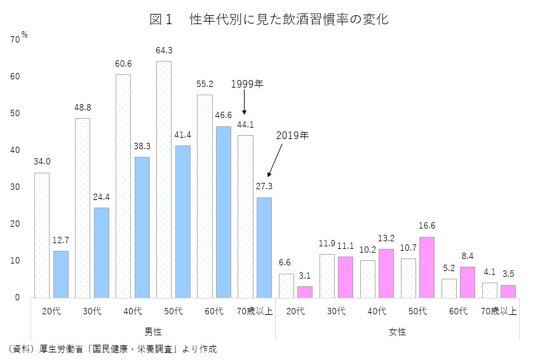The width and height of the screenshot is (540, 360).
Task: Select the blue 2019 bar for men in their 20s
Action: pyautogui.click(x=60, y=274)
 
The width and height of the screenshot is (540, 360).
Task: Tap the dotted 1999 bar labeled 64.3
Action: pyautogui.click(x=164, y=179)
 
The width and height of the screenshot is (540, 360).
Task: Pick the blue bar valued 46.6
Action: pyautogui.click(x=224, y=212)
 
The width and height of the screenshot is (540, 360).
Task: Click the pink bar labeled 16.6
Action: pyautogui.click(x=426, y=267)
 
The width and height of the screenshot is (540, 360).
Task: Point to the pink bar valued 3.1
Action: pyautogui.click(x=305, y=291)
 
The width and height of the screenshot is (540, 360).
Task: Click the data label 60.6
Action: pyautogui.click(x=123, y=63)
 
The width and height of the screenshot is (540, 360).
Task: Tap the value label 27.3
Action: pyautogui.click(x=264, y=187)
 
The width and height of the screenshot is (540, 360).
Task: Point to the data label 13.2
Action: pyautogui.click(x=386, y=238)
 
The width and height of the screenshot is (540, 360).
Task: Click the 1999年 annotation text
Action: pyautogui.click(x=246, y=84)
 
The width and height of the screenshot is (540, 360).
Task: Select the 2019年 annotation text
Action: pyautogui.click(x=292, y=135)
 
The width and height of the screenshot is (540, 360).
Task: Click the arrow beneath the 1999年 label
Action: pyautogui.click(x=245, y=105)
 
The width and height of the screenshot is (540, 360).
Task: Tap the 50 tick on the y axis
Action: pyautogui.click(x=15, y=114)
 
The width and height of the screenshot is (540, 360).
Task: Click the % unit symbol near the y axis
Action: pyautogui.click(x=24, y=34)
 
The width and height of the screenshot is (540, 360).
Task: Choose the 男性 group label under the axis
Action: pyautogui.click(x=152, y=331)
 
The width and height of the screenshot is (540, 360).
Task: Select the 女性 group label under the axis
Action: pyautogui.click(x=397, y=331)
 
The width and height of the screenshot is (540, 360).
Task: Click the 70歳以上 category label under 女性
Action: pyautogui.click(x=499, y=311)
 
